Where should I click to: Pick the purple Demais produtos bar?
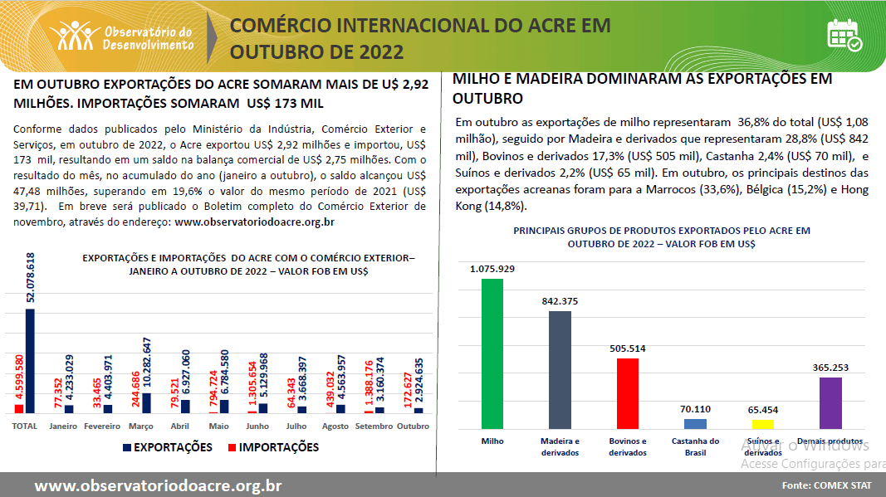(830, 402)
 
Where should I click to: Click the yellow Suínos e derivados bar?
(762, 424)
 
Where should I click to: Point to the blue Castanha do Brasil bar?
(695, 423)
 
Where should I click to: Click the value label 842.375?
(560, 301)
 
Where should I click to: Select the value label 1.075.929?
(492, 269)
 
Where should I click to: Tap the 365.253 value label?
(830, 367)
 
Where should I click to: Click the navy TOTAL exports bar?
(30, 360)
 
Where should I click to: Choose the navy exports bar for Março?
(146, 402)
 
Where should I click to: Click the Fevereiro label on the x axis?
(102, 426)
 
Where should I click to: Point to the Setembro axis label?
(373, 426)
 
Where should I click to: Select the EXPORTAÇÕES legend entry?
(167, 447)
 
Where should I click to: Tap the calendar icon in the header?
(844, 35)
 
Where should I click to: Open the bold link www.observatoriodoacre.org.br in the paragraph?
(255, 222)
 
